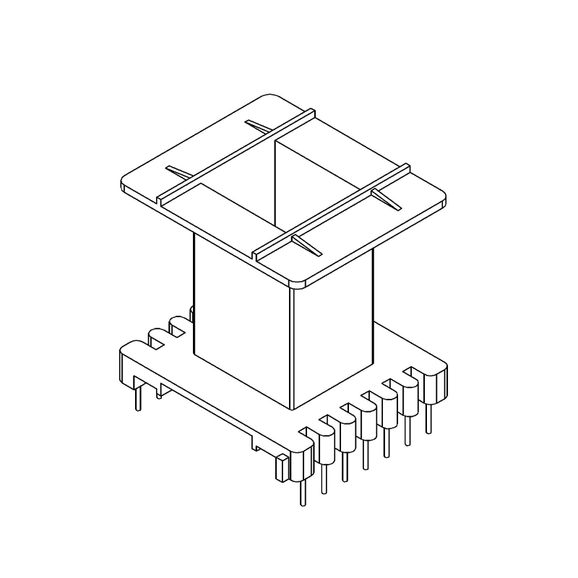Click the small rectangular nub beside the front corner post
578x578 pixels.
[x=280, y=470]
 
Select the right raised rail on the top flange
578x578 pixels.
[x=332, y=210]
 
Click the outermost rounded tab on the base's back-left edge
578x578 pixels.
[x=126, y=354]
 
